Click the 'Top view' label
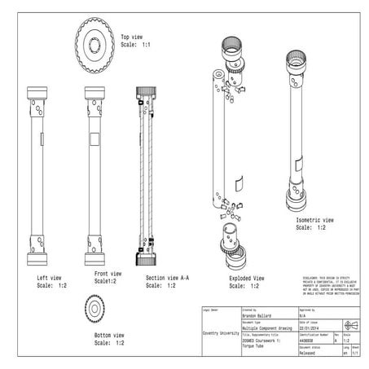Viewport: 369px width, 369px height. coord(133,37)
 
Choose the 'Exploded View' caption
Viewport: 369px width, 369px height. coord(245,278)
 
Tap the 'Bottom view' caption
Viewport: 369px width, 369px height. coord(108,335)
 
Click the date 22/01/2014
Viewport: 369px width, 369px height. coord(314,328)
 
